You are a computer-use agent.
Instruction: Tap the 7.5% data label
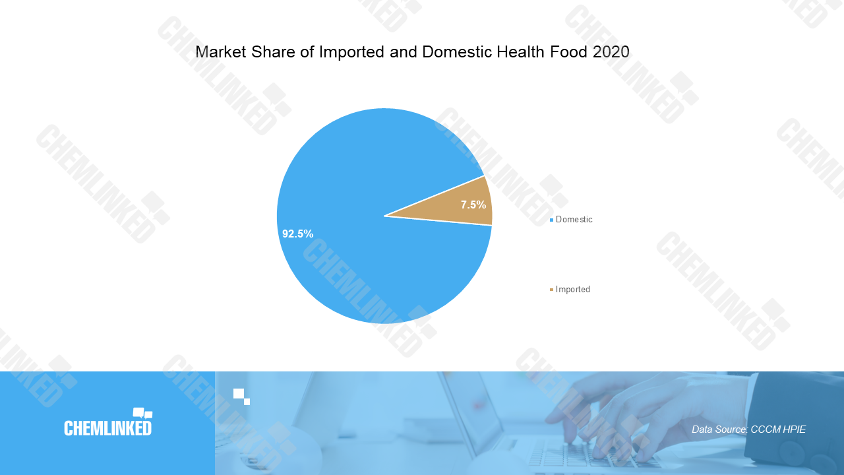point(473,205)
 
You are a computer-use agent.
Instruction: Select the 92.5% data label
point(297,234)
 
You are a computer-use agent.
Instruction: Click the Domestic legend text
point(574,220)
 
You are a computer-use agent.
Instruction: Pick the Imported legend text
point(573,289)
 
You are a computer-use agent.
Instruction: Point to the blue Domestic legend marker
point(552,220)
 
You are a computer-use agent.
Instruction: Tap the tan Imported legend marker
point(552,290)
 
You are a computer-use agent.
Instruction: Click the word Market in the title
point(221,52)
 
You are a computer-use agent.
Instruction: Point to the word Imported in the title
point(352,52)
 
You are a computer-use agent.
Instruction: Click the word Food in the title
point(569,52)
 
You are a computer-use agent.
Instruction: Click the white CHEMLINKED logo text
point(107,428)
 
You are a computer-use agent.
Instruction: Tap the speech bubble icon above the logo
point(143,413)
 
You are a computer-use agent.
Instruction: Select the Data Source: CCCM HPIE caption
point(748,429)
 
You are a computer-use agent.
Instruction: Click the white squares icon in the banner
point(241,396)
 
